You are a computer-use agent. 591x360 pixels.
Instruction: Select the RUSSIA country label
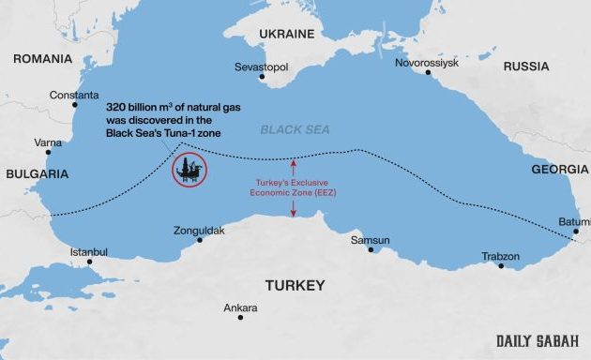(526, 67)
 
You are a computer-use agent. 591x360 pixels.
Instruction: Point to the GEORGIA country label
(559, 170)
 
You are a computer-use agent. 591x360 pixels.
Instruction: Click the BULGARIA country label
(37, 174)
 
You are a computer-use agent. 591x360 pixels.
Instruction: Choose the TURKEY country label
(294, 285)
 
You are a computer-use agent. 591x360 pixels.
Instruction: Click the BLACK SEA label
(295, 130)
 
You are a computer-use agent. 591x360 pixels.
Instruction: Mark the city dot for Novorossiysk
(429, 73)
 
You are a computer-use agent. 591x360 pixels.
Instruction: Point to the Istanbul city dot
(90, 262)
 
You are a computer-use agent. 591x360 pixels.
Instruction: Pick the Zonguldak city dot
(199, 240)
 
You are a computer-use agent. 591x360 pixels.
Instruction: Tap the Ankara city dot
(240, 318)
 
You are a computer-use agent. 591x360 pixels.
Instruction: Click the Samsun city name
(370, 240)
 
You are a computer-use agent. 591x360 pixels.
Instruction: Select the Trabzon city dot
(501, 266)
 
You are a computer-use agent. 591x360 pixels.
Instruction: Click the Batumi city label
(573, 221)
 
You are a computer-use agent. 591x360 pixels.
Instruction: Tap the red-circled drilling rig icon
(190, 170)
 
